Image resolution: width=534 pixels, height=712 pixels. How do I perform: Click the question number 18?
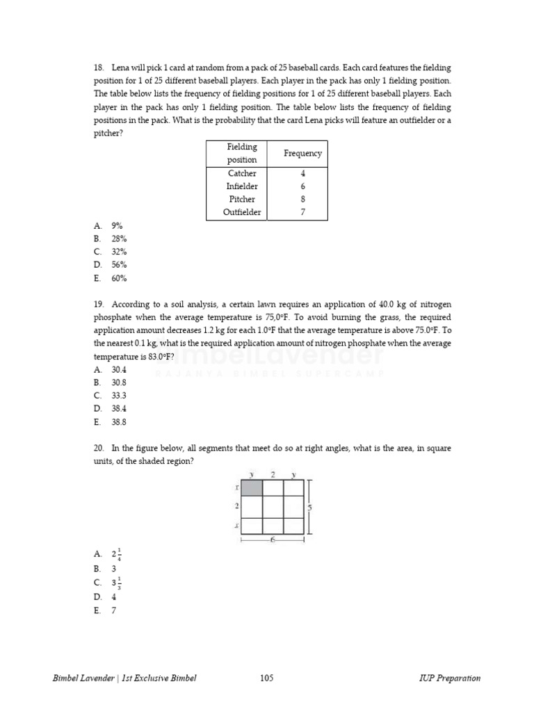click(x=98, y=67)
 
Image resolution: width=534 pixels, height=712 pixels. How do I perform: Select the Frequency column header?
click(x=302, y=153)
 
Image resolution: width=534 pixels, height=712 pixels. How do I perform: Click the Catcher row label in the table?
click(x=242, y=173)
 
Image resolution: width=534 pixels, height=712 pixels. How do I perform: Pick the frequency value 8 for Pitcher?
click(x=302, y=200)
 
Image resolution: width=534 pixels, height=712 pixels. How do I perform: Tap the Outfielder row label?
click(x=242, y=213)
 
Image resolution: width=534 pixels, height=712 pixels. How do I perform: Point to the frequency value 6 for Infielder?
click(x=302, y=186)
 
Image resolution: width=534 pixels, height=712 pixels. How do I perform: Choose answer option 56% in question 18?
click(x=119, y=265)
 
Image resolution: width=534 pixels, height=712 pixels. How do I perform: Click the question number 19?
click(x=98, y=305)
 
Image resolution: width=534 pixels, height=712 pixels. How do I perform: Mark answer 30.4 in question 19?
click(x=119, y=370)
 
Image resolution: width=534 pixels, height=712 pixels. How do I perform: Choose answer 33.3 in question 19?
click(x=119, y=396)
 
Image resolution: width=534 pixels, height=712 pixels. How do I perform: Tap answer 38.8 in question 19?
click(x=119, y=422)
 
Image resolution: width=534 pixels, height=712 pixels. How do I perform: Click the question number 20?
click(x=98, y=448)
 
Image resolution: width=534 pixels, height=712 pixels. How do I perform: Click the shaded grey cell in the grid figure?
click(x=251, y=487)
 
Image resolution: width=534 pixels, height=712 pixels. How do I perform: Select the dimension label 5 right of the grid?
click(x=309, y=508)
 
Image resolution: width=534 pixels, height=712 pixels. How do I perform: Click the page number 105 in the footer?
click(x=266, y=679)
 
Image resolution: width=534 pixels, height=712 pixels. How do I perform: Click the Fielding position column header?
click(x=242, y=153)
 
